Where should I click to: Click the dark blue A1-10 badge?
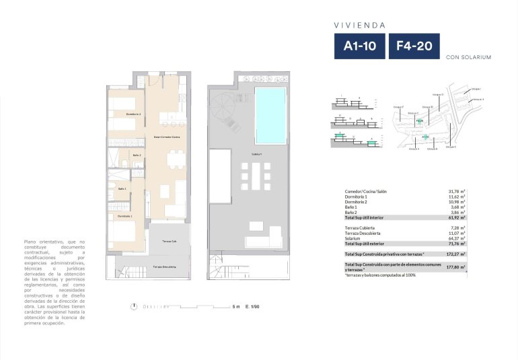[x=360, y=46]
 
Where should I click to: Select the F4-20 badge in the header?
[x=414, y=46]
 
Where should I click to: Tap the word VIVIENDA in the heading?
[x=360, y=25]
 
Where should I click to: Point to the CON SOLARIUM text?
[x=468, y=57]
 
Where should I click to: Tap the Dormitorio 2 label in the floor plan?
[x=133, y=114]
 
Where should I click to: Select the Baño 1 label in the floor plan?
[x=122, y=189]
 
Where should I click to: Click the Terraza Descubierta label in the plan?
[x=165, y=267]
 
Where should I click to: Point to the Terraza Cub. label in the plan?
[x=170, y=241]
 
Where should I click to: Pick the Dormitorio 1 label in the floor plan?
[x=124, y=216]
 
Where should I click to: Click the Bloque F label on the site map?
[x=398, y=106]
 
